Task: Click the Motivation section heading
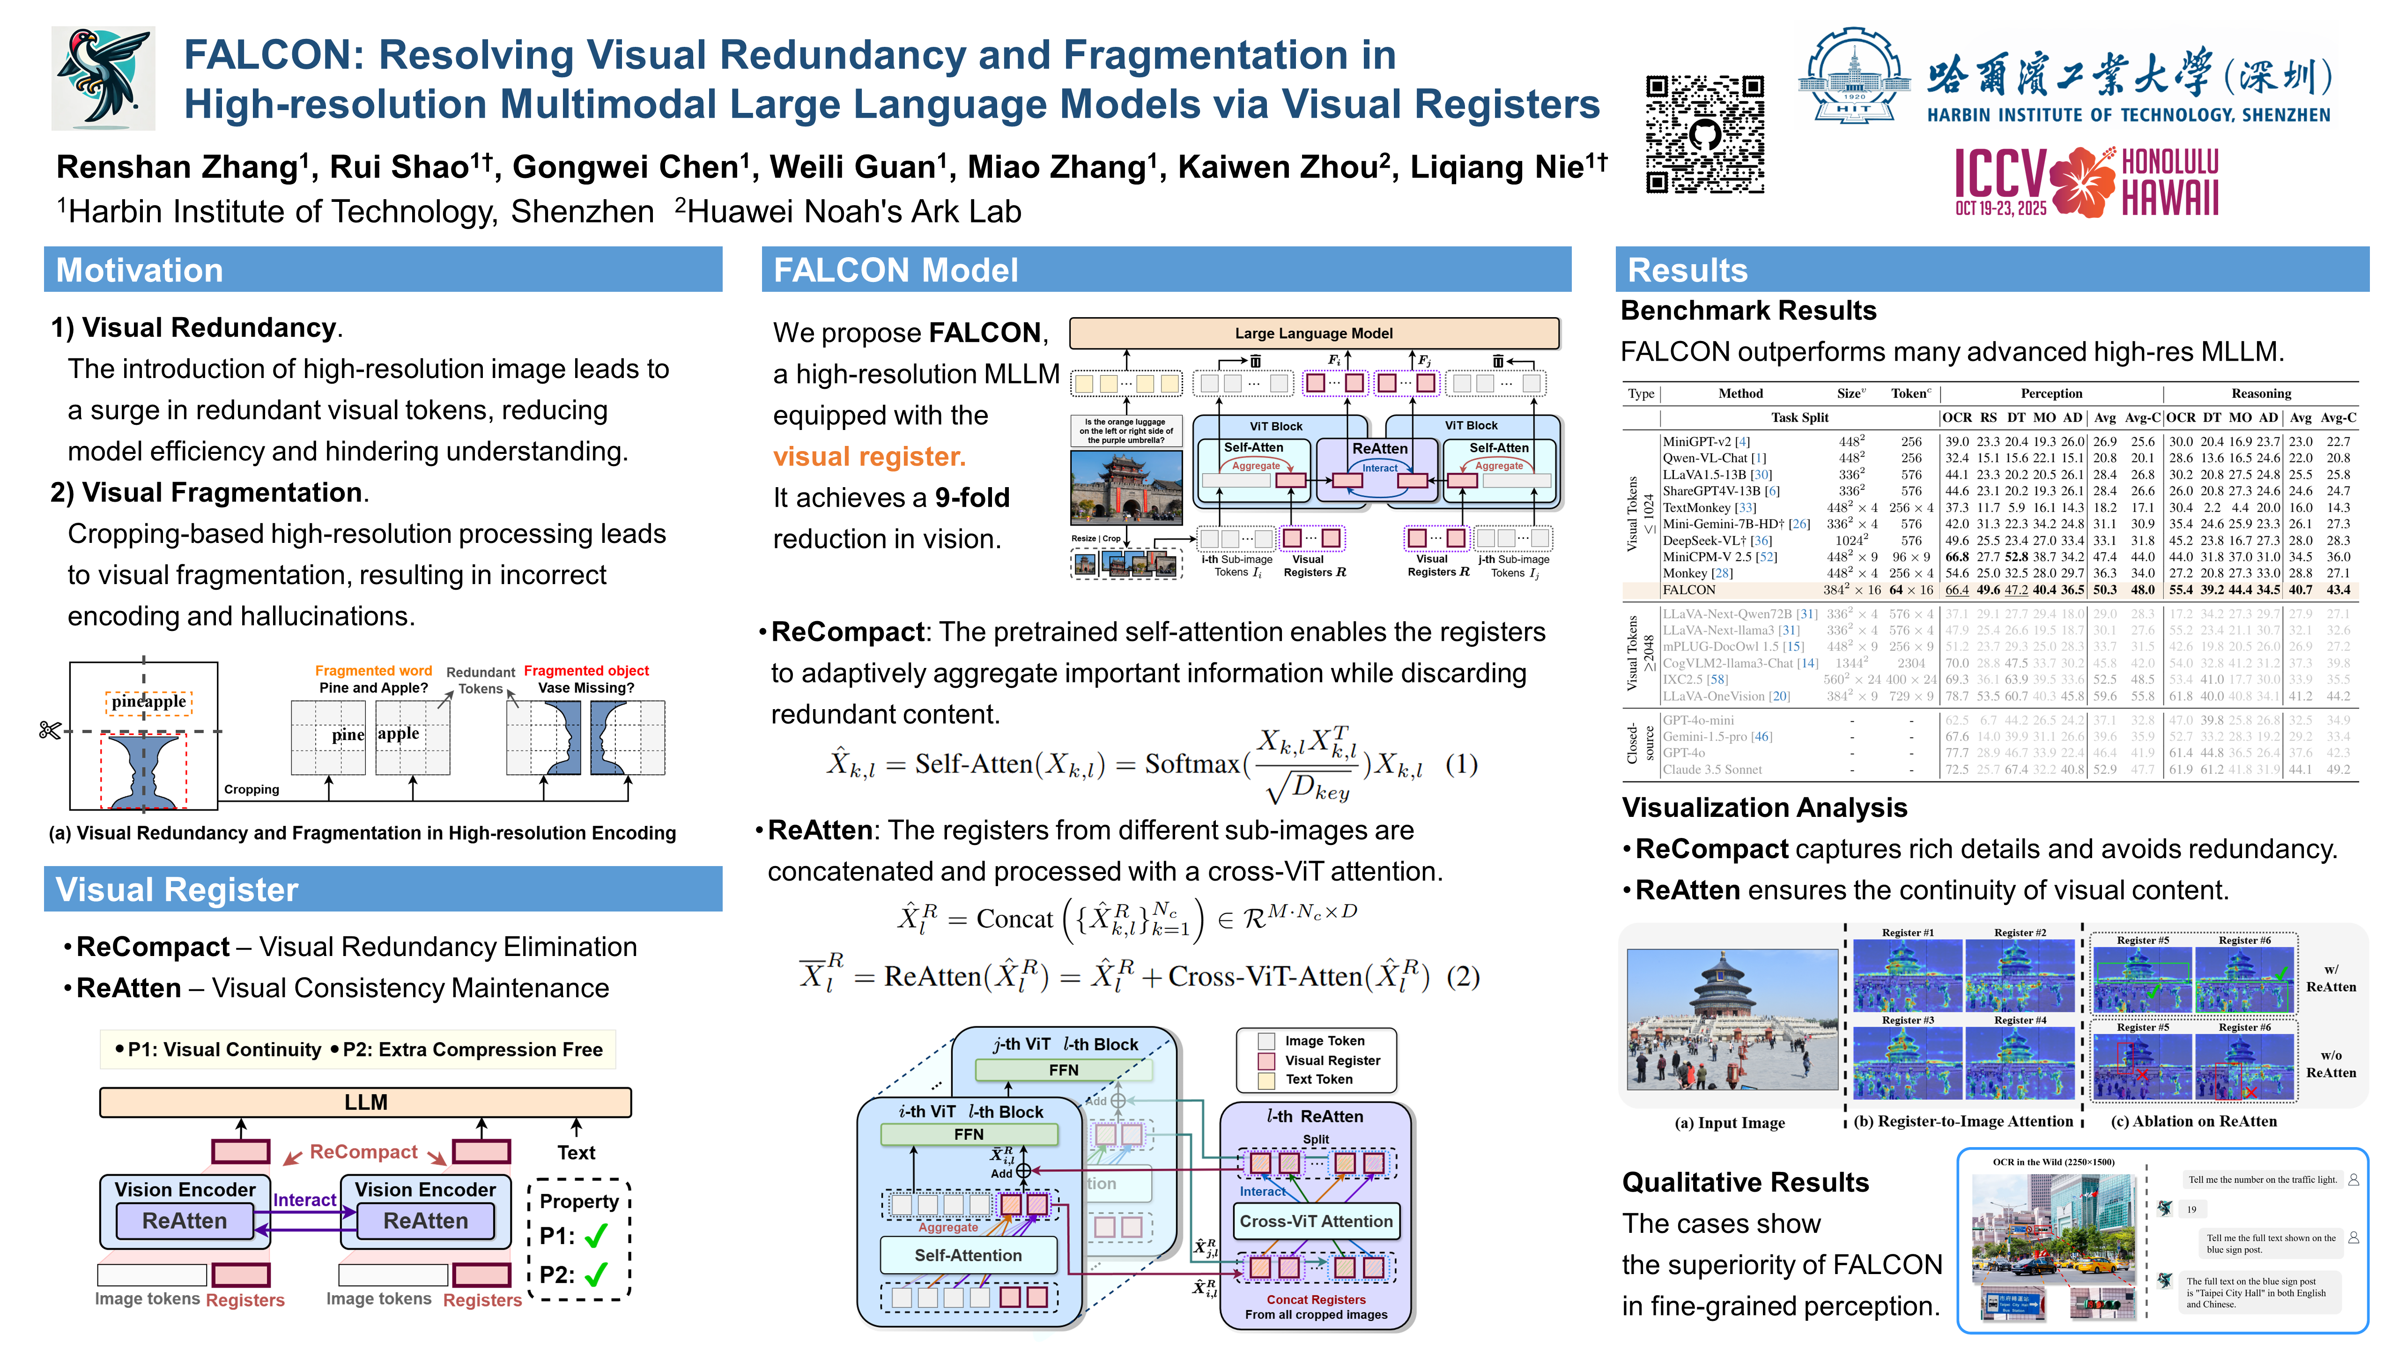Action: coord(140,270)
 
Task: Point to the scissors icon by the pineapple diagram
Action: coord(50,730)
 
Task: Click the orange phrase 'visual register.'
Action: coord(868,456)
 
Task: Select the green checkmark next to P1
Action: coord(596,1236)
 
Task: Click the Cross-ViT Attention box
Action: coord(1315,1221)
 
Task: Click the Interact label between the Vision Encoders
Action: coord(304,1200)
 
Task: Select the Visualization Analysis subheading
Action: coord(1764,807)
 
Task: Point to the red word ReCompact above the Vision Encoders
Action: coord(363,1152)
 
